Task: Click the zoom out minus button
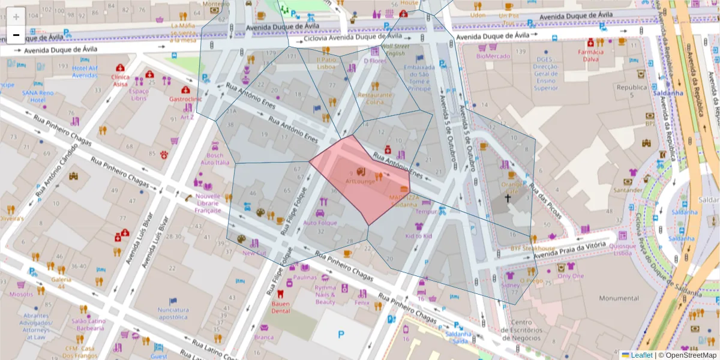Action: point(16,35)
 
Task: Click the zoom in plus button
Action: point(16,17)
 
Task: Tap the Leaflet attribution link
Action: point(641,355)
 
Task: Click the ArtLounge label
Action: point(360,181)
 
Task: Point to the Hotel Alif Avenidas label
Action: point(85,71)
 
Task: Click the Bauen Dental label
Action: point(280,307)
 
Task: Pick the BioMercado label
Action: point(493,56)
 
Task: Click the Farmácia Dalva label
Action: point(590,55)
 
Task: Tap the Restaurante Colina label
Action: point(375,98)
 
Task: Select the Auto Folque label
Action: point(320,223)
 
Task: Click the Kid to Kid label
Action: point(418,236)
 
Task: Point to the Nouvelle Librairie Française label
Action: point(208,203)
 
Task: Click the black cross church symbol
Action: point(507,198)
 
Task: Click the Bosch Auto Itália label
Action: point(215,159)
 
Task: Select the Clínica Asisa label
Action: point(120,80)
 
